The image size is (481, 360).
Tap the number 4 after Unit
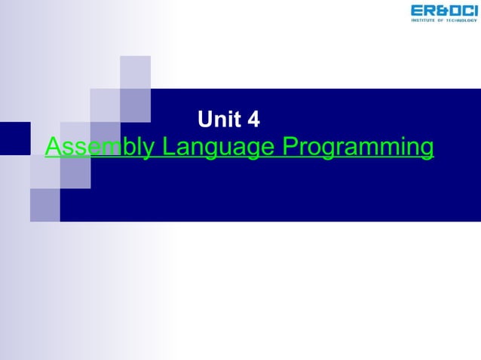(253, 119)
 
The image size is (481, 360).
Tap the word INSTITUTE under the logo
(425, 20)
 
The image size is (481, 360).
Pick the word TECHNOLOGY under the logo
(460, 20)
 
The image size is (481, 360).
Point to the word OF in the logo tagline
(442, 20)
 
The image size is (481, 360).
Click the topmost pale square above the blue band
(135, 72)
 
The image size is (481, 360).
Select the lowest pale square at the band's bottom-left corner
(44, 205)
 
